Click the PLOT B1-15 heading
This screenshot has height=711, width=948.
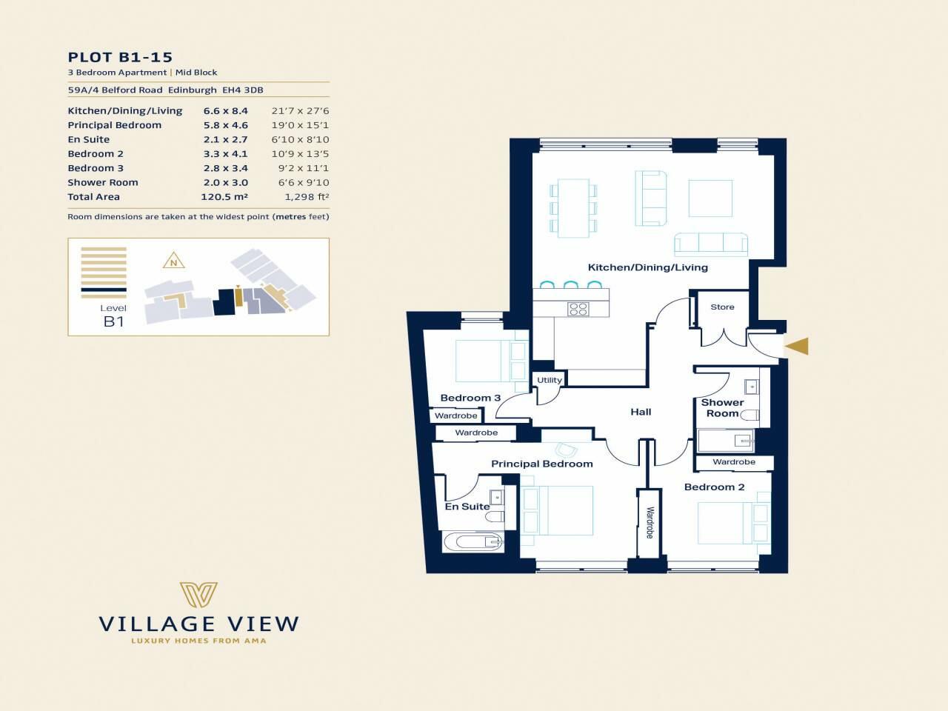[120, 57]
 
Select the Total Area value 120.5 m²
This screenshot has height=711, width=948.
[224, 197]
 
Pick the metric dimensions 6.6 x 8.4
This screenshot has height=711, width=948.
[225, 111]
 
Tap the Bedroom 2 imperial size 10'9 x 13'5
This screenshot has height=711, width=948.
[300, 154]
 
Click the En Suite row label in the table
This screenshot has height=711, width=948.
[89, 140]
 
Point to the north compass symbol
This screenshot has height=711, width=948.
[173, 261]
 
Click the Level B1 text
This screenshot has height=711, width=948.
[113, 316]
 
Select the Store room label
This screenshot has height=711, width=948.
[722, 307]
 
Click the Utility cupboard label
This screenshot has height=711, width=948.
[550, 380]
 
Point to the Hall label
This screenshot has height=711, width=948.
[641, 412]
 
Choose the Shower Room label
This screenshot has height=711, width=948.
[722, 408]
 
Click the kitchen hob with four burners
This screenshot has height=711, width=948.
[578, 310]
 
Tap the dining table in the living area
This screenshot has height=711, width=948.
[573, 207]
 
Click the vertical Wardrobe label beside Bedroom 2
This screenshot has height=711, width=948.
[650, 521]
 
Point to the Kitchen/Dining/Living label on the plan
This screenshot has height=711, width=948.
[647, 267]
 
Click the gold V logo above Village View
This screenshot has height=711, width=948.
[198, 595]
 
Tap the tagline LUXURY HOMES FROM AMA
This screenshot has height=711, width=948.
[198, 641]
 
